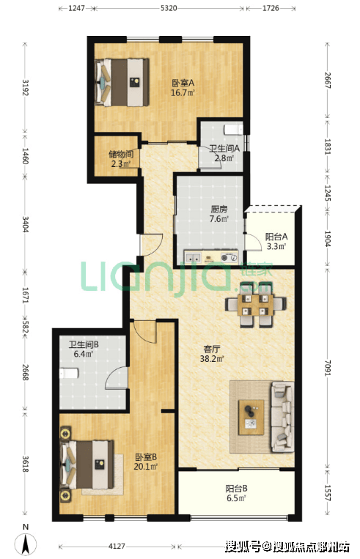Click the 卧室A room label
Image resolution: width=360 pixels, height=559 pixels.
(183, 84)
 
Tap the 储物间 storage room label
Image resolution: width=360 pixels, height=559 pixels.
(121, 155)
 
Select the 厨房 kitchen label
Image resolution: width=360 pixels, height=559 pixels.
(218, 210)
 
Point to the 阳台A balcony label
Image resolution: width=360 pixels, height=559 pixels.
(276, 237)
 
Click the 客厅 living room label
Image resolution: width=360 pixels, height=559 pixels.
(212, 349)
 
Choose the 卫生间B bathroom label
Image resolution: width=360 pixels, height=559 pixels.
(84, 344)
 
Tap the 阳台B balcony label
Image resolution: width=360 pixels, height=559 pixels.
(237, 489)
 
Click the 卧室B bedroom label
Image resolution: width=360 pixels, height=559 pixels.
(146, 457)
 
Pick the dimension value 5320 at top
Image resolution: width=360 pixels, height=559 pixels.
(169, 8)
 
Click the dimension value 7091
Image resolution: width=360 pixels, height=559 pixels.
(328, 368)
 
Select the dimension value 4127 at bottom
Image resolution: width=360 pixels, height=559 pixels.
(117, 546)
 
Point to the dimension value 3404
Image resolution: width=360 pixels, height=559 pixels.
(25, 224)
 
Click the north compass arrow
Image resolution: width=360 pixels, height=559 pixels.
(26, 545)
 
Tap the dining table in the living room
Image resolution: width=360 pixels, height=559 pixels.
(256, 305)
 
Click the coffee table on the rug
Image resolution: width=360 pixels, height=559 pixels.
(251, 417)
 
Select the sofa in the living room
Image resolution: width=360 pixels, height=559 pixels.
(283, 417)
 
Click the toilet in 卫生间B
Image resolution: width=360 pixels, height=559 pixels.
(68, 374)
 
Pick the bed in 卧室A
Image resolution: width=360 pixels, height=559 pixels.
(122, 82)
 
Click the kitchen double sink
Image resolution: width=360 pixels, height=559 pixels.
(193, 257)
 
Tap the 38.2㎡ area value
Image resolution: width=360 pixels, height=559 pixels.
(212, 359)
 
